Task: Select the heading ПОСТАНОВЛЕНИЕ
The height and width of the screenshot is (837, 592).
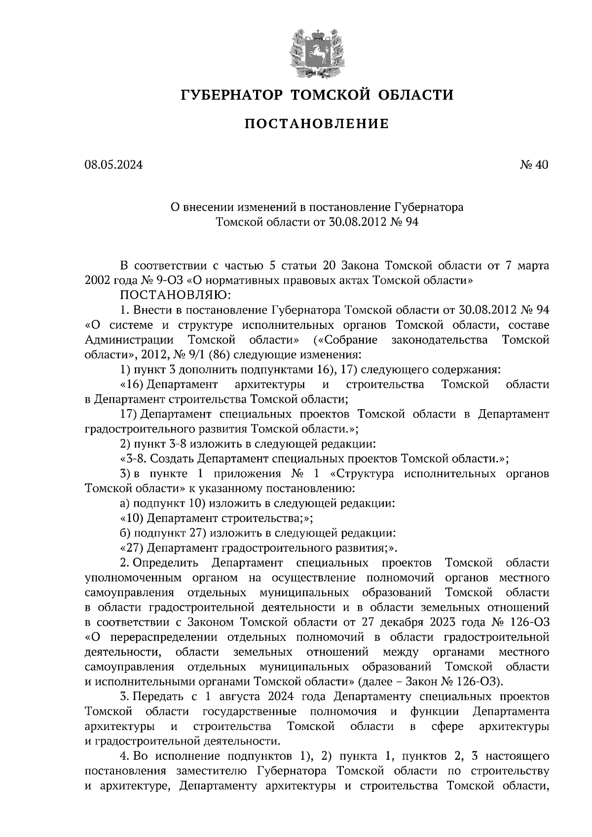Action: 316,124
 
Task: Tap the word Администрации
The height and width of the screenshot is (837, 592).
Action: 129,340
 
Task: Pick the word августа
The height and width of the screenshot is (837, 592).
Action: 239,697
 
